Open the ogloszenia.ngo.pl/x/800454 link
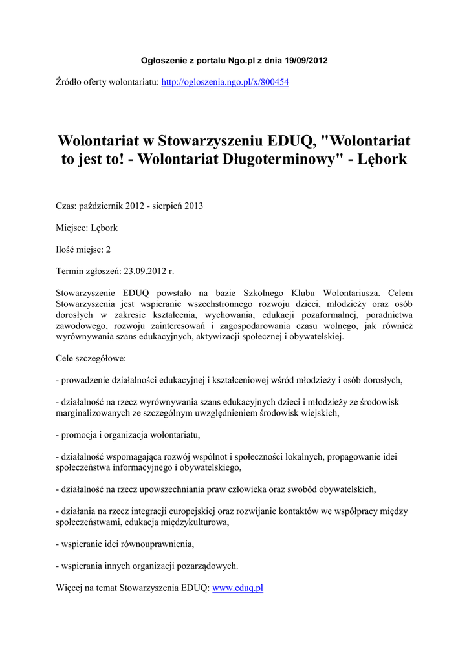point(224,83)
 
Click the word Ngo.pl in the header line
point(242,61)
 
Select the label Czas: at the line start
point(66,206)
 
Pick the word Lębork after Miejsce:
point(104,228)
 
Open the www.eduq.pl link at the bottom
point(237,588)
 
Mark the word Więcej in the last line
point(70,588)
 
